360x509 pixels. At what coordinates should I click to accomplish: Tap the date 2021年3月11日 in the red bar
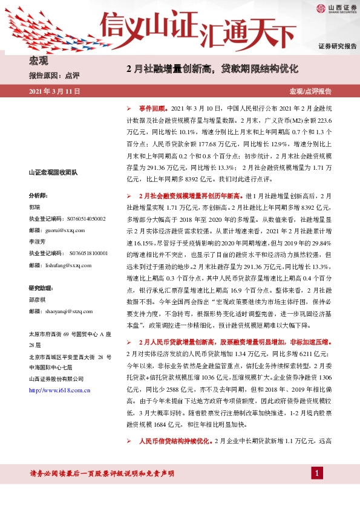point(54,91)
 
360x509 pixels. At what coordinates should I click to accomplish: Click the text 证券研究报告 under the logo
point(337,46)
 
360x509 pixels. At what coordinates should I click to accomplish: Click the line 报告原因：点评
point(54,76)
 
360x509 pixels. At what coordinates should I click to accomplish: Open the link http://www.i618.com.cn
point(60,391)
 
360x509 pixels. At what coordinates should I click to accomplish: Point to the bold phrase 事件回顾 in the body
point(152,106)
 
